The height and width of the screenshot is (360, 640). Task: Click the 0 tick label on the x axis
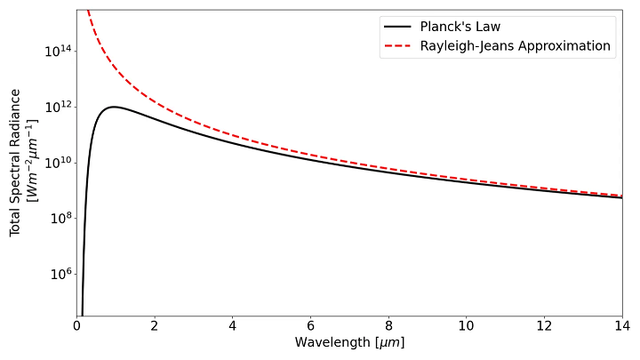tap(76, 326)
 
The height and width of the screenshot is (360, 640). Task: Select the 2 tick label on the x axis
tap(155, 326)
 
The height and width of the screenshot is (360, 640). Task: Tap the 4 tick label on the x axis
tap(232, 326)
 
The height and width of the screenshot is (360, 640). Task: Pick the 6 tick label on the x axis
tap(310, 326)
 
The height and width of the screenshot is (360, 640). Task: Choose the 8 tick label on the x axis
tap(388, 326)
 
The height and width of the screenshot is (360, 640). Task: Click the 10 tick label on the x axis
tap(466, 326)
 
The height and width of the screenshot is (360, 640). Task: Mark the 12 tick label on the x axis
tap(544, 326)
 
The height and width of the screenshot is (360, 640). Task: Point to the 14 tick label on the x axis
tap(621, 326)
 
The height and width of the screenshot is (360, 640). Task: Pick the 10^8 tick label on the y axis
tap(59, 218)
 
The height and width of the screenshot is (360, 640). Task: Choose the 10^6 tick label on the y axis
tap(59, 273)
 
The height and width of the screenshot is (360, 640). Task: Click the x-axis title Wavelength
tap(349, 343)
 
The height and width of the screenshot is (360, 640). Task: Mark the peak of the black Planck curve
tap(113, 107)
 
